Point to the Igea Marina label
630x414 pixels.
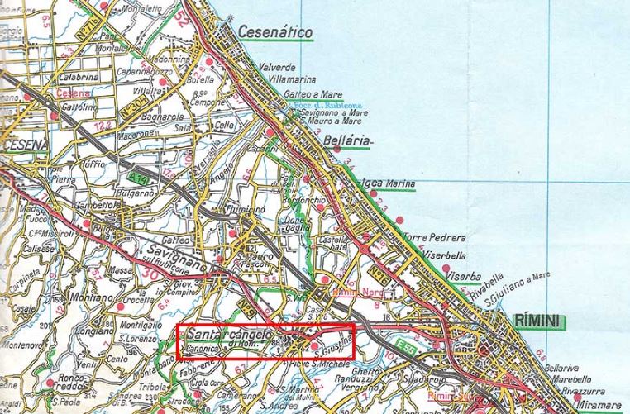pyautogui.click(x=388, y=183)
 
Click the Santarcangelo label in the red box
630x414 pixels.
pyautogui.click(x=229, y=335)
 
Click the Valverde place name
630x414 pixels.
pyautogui.click(x=277, y=67)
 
